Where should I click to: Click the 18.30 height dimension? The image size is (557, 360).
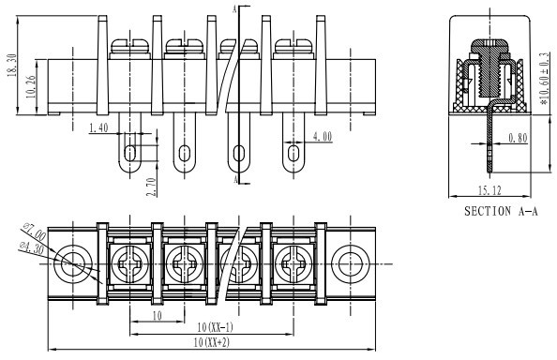(12, 65)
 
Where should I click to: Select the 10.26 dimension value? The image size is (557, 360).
(31, 86)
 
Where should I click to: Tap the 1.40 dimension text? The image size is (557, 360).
(98, 127)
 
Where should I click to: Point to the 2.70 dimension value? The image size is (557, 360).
(151, 187)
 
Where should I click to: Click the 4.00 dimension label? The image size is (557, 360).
(323, 137)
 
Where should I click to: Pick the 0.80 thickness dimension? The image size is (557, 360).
(518, 138)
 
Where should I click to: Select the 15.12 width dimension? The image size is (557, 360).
(489, 190)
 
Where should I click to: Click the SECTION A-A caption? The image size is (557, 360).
(501, 211)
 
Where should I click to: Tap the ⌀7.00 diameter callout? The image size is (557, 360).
(34, 232)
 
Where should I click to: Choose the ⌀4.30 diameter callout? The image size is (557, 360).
(32, 247)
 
